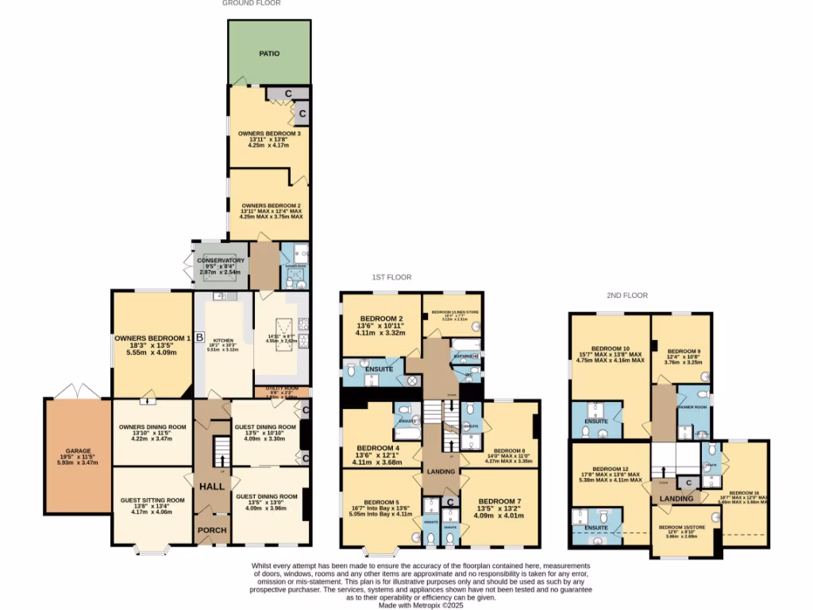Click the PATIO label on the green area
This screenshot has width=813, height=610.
[268, 54]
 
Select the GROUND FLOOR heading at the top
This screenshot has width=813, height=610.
[251, 3]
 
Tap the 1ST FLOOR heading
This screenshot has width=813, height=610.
[391, 277]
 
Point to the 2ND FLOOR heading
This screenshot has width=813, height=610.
[627, 295]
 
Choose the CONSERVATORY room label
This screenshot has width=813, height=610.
[222, 261]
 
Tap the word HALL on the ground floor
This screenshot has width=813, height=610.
[212, 486]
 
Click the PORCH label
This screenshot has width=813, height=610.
[212, 529]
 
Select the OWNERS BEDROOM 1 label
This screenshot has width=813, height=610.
[152, 339]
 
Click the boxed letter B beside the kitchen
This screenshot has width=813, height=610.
[199, 335]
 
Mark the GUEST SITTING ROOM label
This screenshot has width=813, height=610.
[152, 500]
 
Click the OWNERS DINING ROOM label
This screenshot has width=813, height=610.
[152, 427]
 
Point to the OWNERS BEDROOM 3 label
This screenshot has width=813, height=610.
[268, 133]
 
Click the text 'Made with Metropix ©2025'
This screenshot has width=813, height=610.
[421, 604]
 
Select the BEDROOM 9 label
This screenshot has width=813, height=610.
[683, 351]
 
